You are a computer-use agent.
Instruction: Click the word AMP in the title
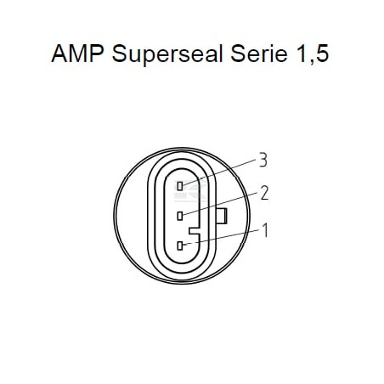[77, 54]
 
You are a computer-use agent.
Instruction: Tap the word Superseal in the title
[167, 54]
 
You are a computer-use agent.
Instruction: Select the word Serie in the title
[259, 54]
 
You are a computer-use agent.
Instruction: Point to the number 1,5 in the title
[313, 54]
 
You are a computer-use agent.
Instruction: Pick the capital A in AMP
[59, 54]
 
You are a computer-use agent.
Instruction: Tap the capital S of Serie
[237, 54]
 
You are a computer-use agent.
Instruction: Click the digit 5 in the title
[323, 54]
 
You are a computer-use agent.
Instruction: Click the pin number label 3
[263, 161]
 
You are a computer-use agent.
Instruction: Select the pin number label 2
[264, 193]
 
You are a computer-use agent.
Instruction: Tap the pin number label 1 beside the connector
[265, 230]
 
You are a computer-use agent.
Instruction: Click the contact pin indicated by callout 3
[180, 186]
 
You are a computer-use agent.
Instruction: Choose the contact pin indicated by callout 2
[180, 216]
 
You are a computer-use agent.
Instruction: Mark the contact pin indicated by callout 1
[180, 246]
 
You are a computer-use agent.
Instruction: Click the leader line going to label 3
[219, 173]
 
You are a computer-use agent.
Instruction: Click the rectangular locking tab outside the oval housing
[222, 216]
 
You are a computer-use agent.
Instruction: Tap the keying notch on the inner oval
[195, 230]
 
